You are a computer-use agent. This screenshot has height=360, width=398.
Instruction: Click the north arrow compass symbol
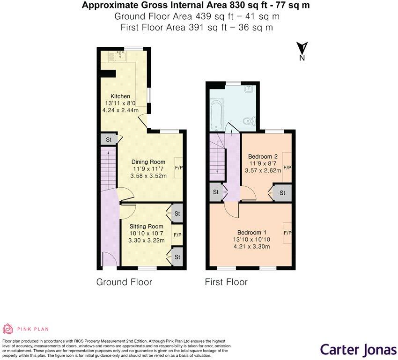[x=302, y=51]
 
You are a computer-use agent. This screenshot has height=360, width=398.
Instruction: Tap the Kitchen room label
[x=120, y=96]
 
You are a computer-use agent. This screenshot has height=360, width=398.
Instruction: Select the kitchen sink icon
[x=118, y=57]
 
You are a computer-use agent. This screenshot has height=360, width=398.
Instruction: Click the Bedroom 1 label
[x=252, y=233]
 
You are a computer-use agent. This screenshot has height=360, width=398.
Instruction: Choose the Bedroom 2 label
[x=263, y=156]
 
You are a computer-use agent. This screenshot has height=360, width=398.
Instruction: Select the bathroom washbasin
[x=249, y=88]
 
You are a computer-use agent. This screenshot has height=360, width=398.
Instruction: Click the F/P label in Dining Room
[x=179, y=167]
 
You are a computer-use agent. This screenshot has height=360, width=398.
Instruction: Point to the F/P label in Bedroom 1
[x=287, y=233]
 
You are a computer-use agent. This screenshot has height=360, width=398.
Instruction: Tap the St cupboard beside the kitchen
[x=108, y=140]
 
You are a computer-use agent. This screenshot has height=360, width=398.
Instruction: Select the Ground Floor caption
[x=124, y=282]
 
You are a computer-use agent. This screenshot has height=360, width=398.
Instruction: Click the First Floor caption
[x=226, y=282]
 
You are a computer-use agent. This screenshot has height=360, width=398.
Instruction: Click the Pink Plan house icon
[x=9, y=329]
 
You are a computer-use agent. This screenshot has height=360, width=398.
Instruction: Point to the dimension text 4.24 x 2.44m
[x=120, y=110]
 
